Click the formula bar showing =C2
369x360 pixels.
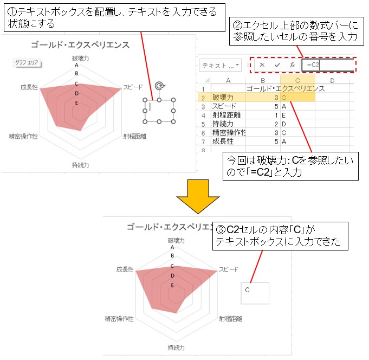tap(328, 65)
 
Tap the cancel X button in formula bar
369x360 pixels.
tap(262, 65)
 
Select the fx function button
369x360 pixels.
tap(292, 65)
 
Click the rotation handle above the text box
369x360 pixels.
tap(159, 86)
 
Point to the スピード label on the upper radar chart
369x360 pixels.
tap(133, 87)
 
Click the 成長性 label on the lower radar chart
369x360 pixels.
tap(125, 269)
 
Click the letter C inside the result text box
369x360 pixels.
tap(247, 290)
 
